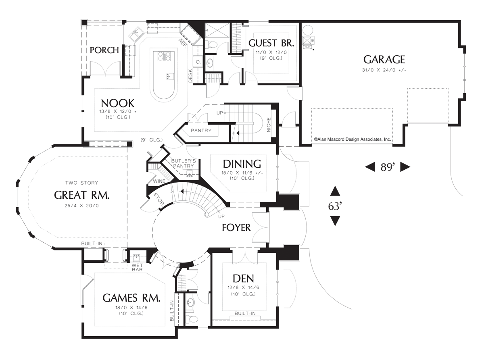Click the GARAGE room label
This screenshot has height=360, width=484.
point(384,59)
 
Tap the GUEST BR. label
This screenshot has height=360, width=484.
point(271,43)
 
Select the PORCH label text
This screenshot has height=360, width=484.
point(104,50)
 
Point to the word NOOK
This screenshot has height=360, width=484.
point(118,103)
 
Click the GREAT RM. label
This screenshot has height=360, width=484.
point(81,195)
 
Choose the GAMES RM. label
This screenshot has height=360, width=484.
point(131,298)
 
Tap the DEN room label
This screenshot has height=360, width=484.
point(243,279)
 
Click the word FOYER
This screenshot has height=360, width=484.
point(236,228)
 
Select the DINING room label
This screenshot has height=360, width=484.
point(242,164)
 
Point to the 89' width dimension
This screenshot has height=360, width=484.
point(388,167)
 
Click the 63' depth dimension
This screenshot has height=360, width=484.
point(335,206)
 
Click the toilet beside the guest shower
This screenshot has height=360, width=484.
point(211,45)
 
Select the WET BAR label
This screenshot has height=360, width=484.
point(137,268)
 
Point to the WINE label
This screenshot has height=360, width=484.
point(159,181)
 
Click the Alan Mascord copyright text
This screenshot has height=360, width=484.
point(352,139)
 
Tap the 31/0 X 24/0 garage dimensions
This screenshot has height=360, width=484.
point(384,70)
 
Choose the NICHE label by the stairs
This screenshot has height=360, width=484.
point(269,125)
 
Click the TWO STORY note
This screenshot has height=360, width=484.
point(81,183)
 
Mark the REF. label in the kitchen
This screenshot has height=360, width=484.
point(183,43)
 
